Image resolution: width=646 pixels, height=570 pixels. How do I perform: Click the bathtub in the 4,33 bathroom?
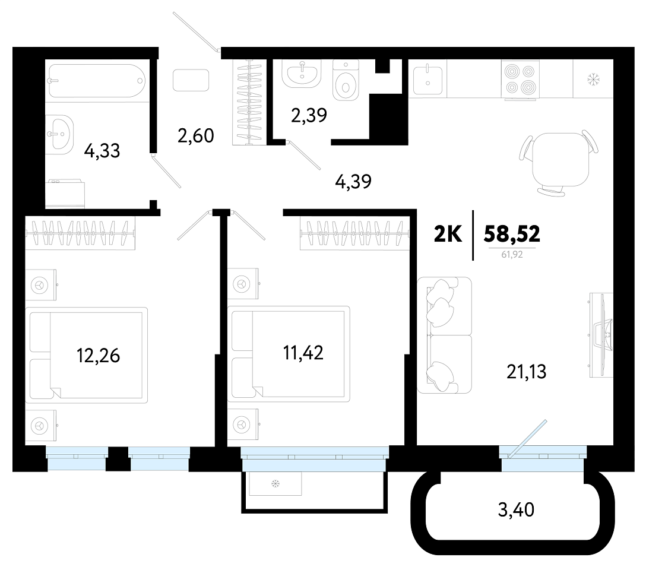coord(96,81)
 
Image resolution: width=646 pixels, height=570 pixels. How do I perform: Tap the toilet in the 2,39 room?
coord(345,81)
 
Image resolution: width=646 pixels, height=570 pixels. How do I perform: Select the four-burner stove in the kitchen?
coord(520,80)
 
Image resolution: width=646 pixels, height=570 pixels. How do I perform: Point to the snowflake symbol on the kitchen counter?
coord(593,78)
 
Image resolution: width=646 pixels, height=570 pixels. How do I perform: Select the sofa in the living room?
coord(444,335)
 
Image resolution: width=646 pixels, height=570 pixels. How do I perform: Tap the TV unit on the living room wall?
coord(601,335)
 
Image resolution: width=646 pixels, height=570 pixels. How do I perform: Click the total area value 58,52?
coord(512,235)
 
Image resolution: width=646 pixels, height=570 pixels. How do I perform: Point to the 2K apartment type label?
coord(448,235)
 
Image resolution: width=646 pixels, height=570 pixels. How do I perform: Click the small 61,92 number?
coord(512,255)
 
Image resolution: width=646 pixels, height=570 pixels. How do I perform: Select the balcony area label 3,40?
coord(516,510)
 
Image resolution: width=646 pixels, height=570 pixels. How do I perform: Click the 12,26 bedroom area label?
coord(98,356)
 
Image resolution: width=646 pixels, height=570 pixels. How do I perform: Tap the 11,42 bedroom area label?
coord(303,353)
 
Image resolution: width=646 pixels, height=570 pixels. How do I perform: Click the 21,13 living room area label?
coord(526,372)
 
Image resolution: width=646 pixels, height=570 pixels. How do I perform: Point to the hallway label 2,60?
coord(196,135)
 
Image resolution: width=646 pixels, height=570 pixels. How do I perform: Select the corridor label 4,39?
coord(353,181)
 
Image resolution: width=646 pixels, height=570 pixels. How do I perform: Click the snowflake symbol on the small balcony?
coord(275,483)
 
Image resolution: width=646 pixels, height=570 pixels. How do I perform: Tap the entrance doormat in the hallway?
coord(191,80)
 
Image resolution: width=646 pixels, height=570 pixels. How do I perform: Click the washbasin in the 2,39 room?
coord(302,74)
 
